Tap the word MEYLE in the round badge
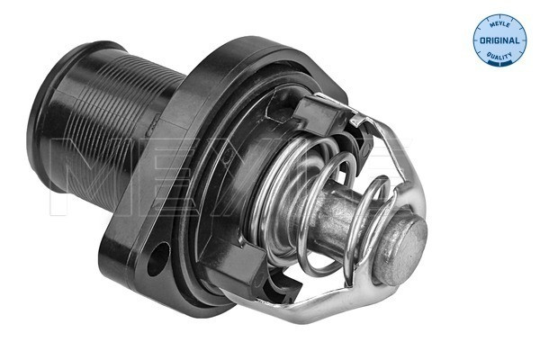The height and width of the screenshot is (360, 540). (x=499, y=24)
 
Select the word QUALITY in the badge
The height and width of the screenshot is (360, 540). (x=500, y=57)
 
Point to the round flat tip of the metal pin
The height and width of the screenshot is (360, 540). (x=407, y=236)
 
